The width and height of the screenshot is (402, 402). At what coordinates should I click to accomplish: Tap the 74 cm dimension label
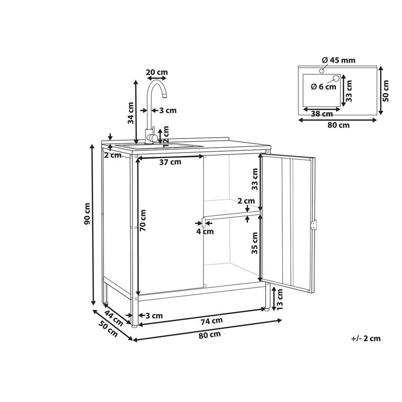[x=211, y=320]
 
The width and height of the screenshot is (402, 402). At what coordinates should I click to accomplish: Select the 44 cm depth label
[x=114, y=318]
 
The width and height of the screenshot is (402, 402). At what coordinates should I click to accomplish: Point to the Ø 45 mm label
[x=339, y=60]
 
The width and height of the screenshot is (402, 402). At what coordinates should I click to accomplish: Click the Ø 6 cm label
[x=323, y=87]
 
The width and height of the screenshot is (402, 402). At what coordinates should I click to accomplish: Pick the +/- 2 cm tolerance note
[x=366, y=338]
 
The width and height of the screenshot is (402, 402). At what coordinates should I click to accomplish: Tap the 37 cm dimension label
[x=170, y=162]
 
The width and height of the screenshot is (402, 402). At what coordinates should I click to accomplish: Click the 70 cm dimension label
[x=143, y=221]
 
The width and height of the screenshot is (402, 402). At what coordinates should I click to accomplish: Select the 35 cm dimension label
[x=254, y=243]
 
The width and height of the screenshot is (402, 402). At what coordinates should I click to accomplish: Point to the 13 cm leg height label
[x=280, y=299]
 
